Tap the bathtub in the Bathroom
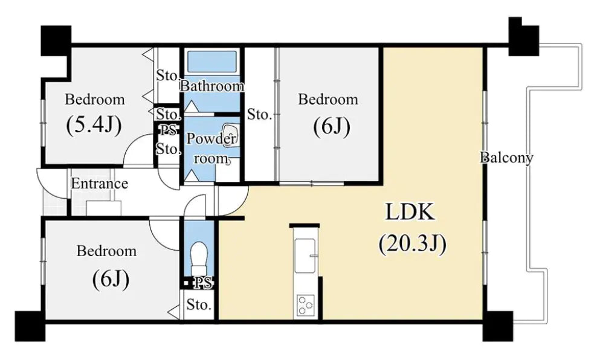point(211,61)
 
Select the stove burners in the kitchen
point(305,305)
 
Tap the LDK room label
point(410,212)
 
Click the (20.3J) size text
point(412,243)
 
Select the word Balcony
point(506,157)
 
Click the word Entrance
point(99,184)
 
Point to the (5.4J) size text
point(94,124)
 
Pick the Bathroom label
point(211,86)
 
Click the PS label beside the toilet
point(203,282)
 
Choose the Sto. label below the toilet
point(198,304)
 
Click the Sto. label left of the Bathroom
point(168,76)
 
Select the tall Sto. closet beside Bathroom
point(259,114)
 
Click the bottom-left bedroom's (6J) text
point(111,280)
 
